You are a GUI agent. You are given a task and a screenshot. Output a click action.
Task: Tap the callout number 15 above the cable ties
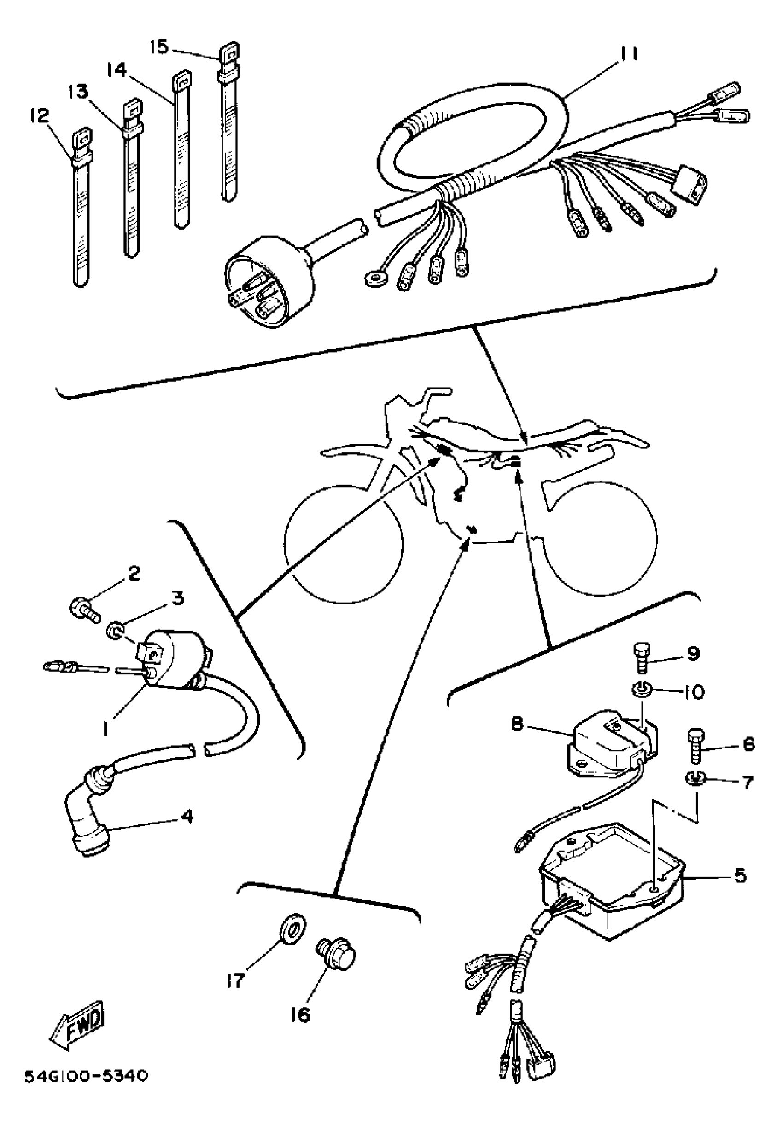[159, 47]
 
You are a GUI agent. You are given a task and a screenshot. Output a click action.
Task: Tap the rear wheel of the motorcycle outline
[601, 539]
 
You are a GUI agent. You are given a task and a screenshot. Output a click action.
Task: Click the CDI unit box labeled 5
[613, 897]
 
